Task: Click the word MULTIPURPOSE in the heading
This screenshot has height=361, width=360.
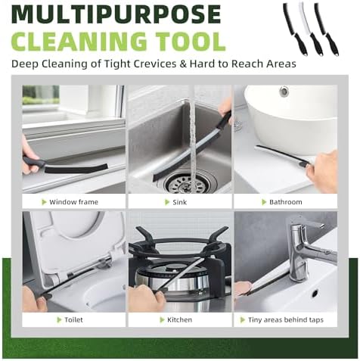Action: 116,14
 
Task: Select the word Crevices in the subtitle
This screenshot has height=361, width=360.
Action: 155,64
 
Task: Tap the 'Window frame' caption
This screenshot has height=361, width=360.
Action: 73,202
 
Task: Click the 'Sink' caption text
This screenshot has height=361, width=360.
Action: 180,202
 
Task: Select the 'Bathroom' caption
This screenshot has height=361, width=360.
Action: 286,202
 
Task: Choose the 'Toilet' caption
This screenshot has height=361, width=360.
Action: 73,320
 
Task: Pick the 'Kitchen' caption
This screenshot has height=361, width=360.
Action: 180,320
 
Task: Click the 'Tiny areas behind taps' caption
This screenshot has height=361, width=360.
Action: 286,320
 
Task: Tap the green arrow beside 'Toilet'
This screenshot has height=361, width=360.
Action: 59,320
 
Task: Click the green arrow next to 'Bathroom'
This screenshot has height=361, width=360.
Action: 264,202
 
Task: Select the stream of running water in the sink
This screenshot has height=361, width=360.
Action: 193,142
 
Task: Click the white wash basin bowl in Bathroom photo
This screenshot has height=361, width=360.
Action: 291,119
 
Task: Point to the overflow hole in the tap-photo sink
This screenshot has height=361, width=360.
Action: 315,294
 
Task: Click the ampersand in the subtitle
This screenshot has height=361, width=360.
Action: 183,64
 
